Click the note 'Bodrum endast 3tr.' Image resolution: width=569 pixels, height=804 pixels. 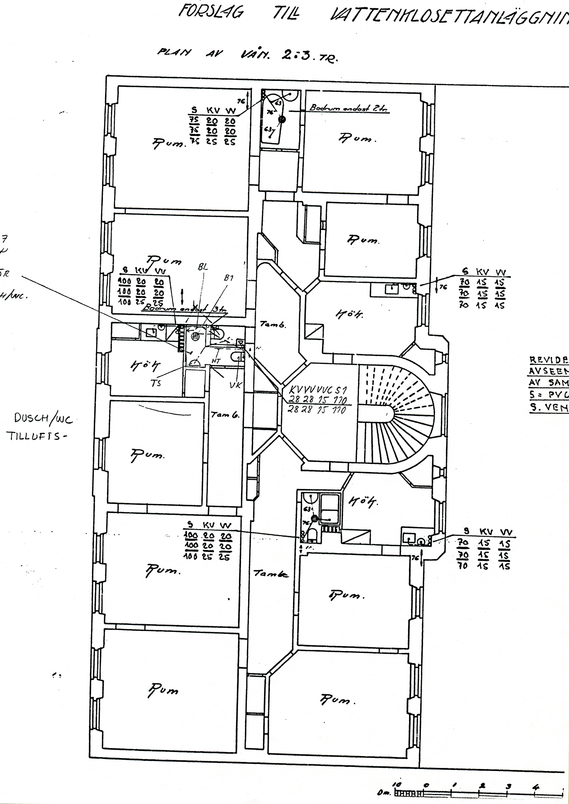point(185,309)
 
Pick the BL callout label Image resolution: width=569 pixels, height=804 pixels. point(203,267)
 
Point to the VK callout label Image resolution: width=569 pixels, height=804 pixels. point(235,385)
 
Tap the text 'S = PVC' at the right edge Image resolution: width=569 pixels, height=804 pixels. point(548,395)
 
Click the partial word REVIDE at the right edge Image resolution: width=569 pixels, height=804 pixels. point(549,360)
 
